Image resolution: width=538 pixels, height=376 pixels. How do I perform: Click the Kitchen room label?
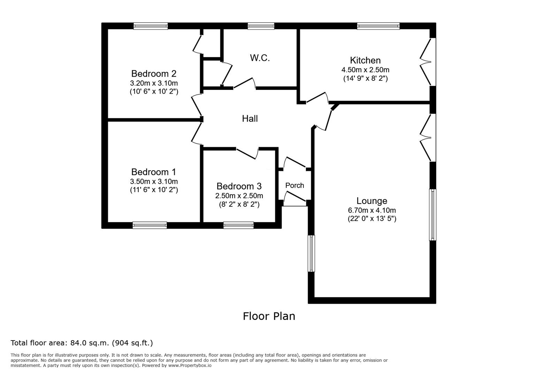[365, 60]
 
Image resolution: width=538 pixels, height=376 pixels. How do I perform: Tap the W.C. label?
[260, 58]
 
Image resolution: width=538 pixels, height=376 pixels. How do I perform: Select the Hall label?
[250, 118]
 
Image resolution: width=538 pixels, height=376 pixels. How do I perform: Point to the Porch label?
[295, 185]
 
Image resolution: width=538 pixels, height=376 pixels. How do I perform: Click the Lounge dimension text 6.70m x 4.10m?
[372, 210]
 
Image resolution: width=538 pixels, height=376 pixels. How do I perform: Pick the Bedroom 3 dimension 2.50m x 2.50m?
[239, 196]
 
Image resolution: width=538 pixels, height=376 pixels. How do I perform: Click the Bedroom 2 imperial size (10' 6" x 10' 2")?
[154, 92]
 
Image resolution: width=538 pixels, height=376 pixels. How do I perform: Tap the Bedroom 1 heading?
[153, 172]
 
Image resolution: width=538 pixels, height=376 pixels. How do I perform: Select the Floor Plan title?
[269, 316]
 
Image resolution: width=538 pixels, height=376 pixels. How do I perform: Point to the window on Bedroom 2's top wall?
[151, 26]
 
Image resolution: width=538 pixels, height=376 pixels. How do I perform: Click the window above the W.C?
[261, 26]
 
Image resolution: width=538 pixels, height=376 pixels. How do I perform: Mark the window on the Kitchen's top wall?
[378, 26]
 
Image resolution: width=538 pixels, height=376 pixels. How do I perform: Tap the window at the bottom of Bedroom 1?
[149, 225]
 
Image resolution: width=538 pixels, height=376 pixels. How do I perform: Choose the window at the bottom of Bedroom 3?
[238, 225]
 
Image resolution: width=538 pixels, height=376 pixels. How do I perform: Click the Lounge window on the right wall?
[432, 215]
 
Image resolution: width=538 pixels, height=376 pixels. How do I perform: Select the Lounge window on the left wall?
[311, 253]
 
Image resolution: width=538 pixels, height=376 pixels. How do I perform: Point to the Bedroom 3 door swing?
[247, 153]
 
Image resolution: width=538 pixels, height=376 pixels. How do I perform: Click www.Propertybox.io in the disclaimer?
[190, 366]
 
